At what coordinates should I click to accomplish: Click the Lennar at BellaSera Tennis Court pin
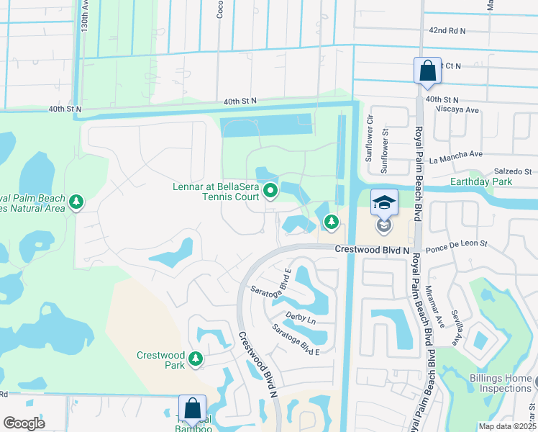tap(270, 191)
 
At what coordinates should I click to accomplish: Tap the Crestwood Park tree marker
tap(195, 358)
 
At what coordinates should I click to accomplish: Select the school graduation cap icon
tap(385, 202)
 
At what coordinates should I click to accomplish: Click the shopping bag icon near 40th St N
tap(427, 71)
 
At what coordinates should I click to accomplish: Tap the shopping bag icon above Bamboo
tap(193, 408)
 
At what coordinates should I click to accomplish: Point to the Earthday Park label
tap(481, 182)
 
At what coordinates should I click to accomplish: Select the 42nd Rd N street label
tap(447, 31)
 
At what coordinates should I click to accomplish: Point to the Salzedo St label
tap(512, 171)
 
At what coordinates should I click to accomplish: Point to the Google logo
tap(24, 423)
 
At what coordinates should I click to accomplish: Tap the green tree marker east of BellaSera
tap(331, 222)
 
